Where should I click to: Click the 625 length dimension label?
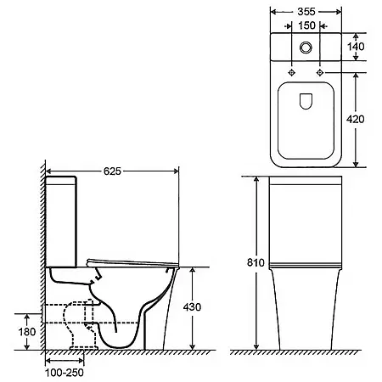coord(112,171)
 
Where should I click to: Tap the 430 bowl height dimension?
coord(192,307)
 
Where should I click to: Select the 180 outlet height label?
coord(27,332)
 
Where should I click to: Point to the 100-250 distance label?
coord(65,373)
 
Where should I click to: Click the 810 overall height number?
coord(256,262)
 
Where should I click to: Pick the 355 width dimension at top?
coord(306,12)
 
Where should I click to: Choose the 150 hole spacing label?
coord(306,25)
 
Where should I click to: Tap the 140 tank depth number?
coord(356,47)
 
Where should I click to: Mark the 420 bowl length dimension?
coord(356,119)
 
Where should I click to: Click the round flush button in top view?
coord(306,48)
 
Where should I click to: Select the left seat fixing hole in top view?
coord(291,72)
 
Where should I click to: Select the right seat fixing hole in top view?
coord(320,72)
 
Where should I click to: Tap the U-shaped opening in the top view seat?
coord(306,108)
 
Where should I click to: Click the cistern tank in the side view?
coord(61,222)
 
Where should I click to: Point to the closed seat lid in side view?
coord(132,263)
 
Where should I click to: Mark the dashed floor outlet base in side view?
coord(84,348)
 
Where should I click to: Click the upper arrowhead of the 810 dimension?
coord(256,179)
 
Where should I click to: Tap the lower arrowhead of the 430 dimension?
coord(193,346)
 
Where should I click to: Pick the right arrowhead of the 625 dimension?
coord(176,171)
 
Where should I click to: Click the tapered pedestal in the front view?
coord(306,309)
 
